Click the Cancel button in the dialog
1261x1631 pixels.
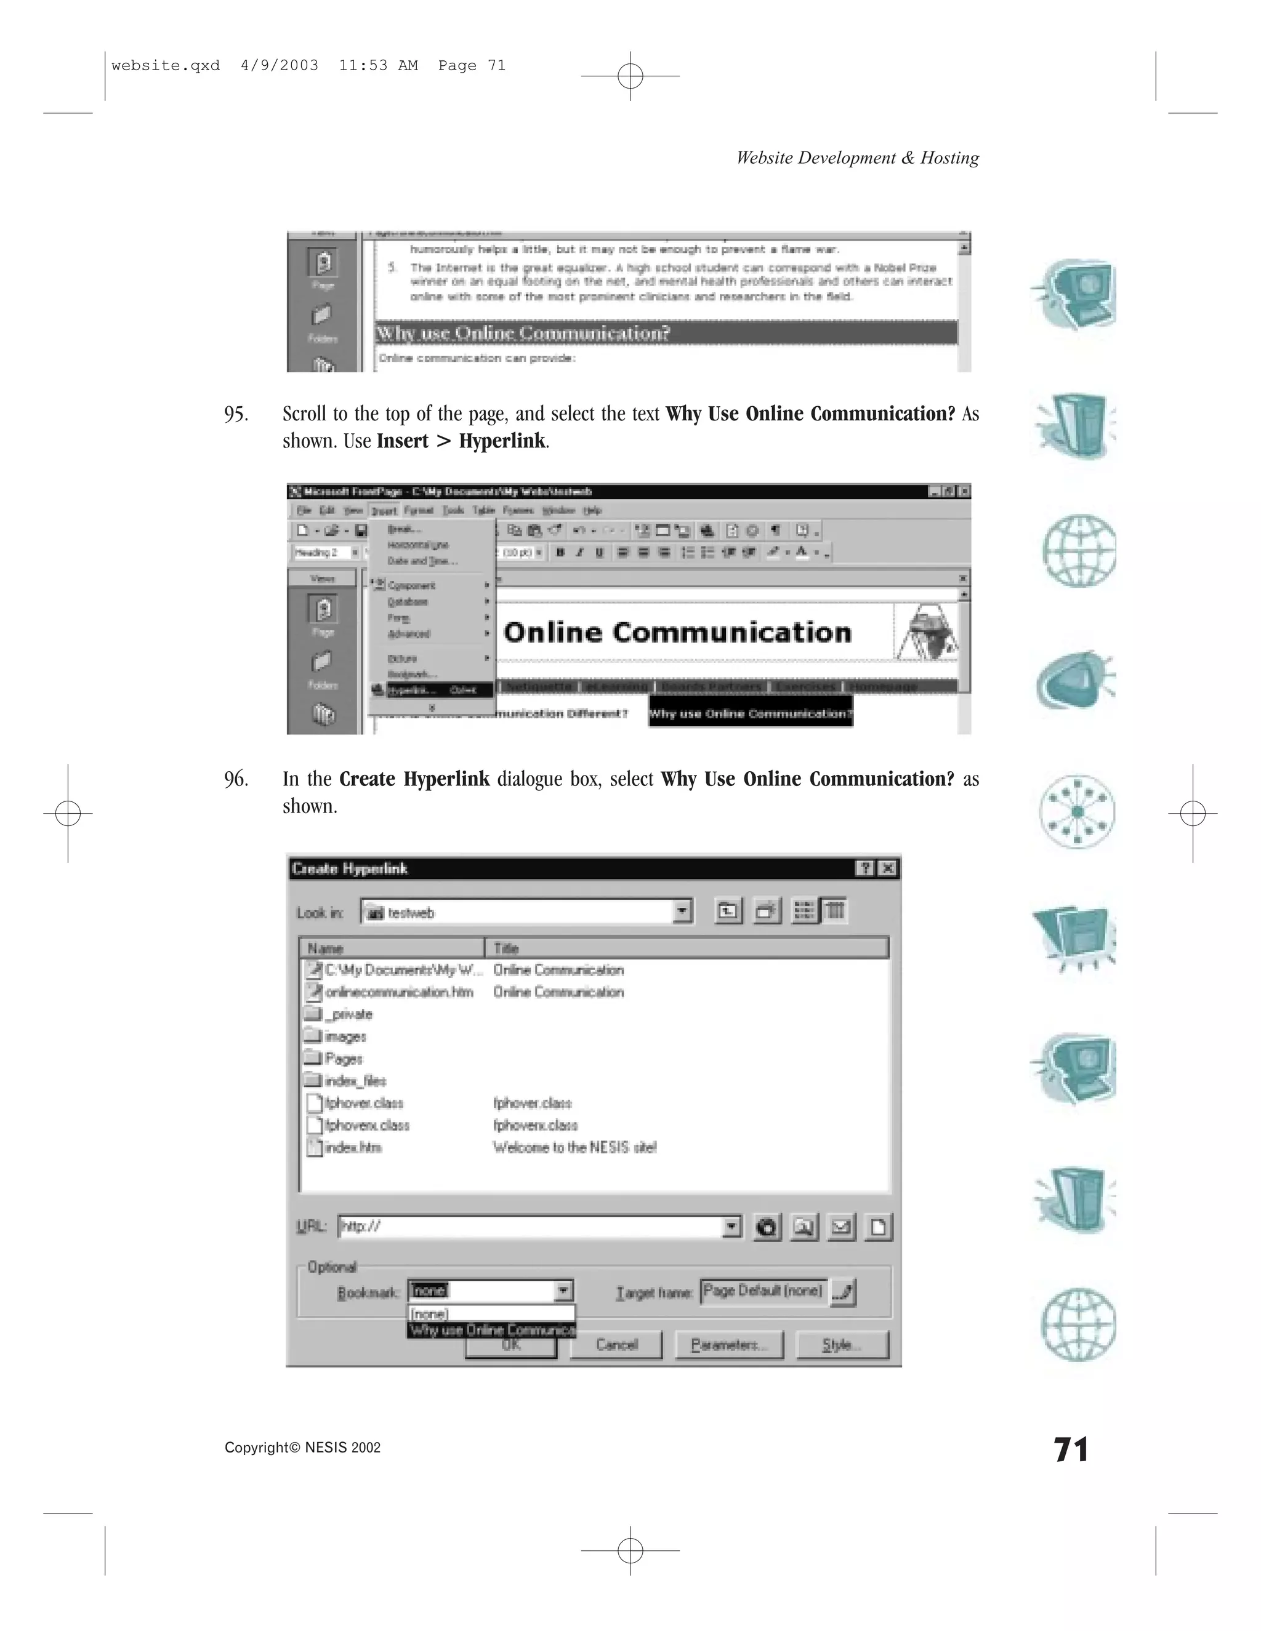click(x=616, y=1345)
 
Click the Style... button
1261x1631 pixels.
click(x=842, y=1345)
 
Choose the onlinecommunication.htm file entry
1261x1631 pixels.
click(x=399, y=992)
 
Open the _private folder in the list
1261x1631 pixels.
click(x=347, y=1014)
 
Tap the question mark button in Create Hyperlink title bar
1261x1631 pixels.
click(x=864, y=868)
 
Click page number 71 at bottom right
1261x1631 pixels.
click(x=1071, y=1449)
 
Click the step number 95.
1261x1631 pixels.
click(x=236, y=414)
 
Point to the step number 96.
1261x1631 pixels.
click(x=236, y=779)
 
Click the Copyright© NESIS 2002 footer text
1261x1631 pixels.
click(x=302, y=1448)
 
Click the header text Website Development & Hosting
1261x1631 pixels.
click(x=857, y=158)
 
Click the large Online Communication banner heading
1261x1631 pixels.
click(x=677, y=633)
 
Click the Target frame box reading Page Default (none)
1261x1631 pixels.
click(x=763, y=1291)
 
